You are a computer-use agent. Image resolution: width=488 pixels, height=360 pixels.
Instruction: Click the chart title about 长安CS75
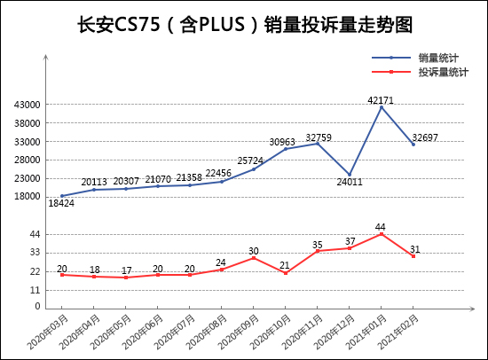pyautogui.click(x=244, y=24)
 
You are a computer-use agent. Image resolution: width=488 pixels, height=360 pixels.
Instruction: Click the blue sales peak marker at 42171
pyautogui.click(x=382, y=107)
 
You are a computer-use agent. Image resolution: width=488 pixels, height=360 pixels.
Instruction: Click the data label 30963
pyautogui.click(x=283, y=141)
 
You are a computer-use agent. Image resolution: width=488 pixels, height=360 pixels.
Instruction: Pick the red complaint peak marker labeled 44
pyautogui.click(x=382, y=234)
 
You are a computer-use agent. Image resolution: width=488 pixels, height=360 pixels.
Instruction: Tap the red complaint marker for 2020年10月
pyautogui.click(x=286, y=272)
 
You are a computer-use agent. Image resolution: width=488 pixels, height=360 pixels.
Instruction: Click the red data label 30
pyautogui.click(x=254, y=251)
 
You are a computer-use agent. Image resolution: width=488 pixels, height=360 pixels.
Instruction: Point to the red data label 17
pyautogui.click(x=127, y=270)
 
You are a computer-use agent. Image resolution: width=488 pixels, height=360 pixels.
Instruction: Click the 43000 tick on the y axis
pyautogui.click(x=29, y=105)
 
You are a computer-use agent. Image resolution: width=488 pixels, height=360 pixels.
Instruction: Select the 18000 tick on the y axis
pyautogui.click(x=29, y=197)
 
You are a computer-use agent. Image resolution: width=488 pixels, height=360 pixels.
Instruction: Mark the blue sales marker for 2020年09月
pyautogui.click(x=254, y=168)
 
